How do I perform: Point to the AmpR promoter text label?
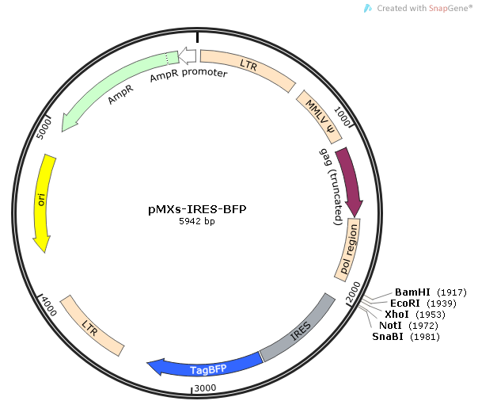pyautogui.click(x=188, y=74)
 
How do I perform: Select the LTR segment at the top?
pyautogui.click(x=248, y=68)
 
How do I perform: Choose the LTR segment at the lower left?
pyautogui.click(x=93, y=326)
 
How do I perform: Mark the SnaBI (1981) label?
pyautogui.click(x=405, y=337)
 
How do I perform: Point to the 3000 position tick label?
pyautogui.click(x=206, y=387)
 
